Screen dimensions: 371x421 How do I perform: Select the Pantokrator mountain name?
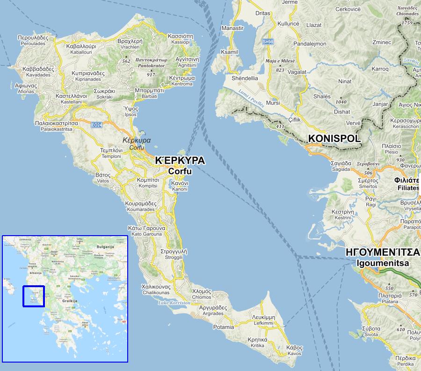(151, 63)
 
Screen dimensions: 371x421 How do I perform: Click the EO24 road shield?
(97, 125)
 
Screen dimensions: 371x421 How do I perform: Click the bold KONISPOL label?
(334, 139)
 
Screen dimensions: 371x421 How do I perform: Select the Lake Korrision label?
(174, 303)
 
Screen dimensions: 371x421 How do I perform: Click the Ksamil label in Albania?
(229, 52)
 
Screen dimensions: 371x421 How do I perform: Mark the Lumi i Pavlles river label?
(251, 98)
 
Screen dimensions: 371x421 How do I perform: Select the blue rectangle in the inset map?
(34, 296)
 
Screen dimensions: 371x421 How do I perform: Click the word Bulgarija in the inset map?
(105, 246)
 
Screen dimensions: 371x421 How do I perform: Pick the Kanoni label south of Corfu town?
(180, 186)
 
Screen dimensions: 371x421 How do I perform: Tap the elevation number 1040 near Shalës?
(341, 102)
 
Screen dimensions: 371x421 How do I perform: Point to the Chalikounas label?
(155, 289)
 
